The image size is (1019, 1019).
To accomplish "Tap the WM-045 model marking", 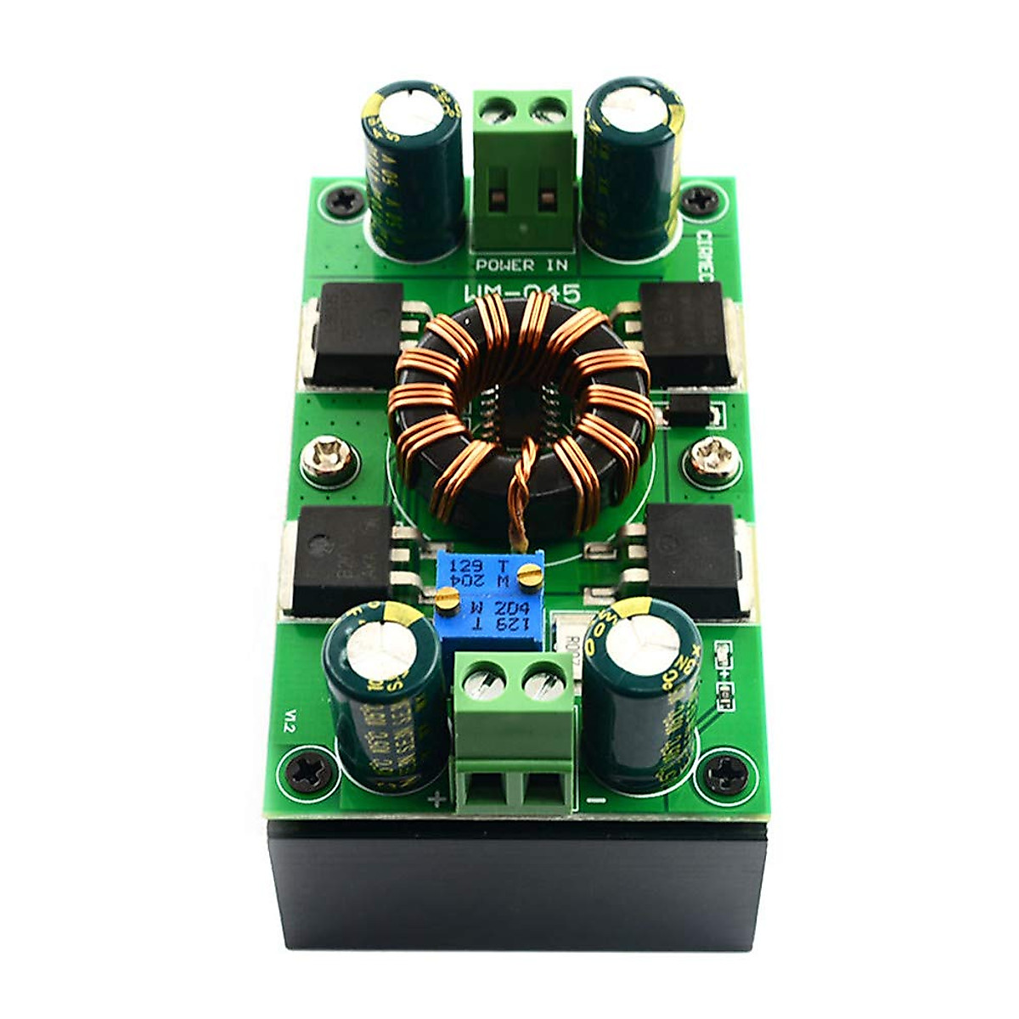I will click(x=521, y=295).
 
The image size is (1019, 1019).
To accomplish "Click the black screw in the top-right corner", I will click(x=702, y=201).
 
